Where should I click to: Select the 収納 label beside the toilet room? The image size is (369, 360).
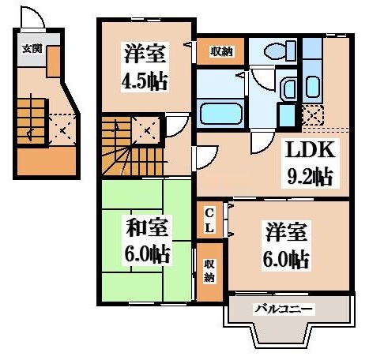point(221,52)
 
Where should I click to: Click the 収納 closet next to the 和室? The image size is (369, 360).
point(209,270)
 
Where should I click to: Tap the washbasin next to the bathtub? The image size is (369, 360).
point(288,88)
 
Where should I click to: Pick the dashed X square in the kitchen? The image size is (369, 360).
point(313,116)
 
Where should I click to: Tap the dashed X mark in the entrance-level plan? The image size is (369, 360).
point(59,126)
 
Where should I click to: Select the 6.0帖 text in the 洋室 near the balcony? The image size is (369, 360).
point(285,258)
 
